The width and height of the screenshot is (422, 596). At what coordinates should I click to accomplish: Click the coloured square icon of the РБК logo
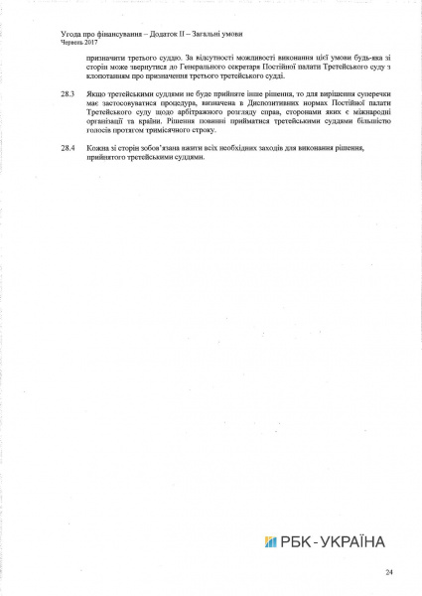pos(270,541)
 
